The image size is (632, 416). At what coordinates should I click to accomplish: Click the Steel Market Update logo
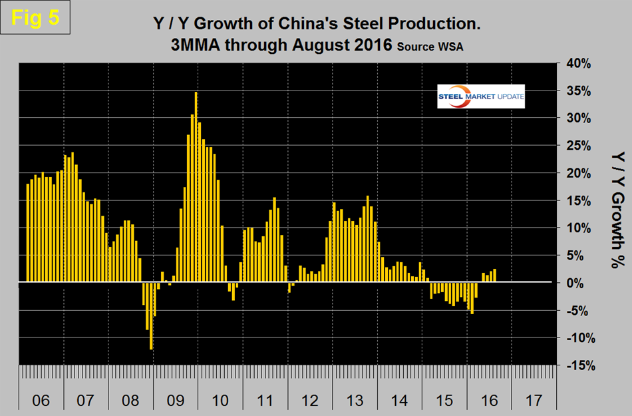480,97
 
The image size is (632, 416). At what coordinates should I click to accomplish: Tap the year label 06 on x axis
41,401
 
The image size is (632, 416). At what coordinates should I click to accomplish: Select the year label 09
176,401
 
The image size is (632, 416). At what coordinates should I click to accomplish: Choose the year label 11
265,401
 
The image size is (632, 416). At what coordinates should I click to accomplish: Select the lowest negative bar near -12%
151,315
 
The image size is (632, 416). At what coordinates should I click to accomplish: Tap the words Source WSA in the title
422,47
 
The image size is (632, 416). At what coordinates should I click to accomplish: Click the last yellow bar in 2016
495,276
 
